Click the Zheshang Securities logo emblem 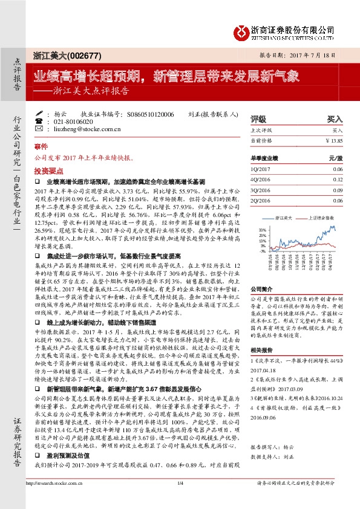[243, 30]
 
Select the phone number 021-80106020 [71, 121]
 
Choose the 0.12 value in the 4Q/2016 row [338, 180]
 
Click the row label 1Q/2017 [259, 169]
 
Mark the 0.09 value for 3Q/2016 [338, 190]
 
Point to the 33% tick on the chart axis [262, 230]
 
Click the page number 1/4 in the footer [180, 500]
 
